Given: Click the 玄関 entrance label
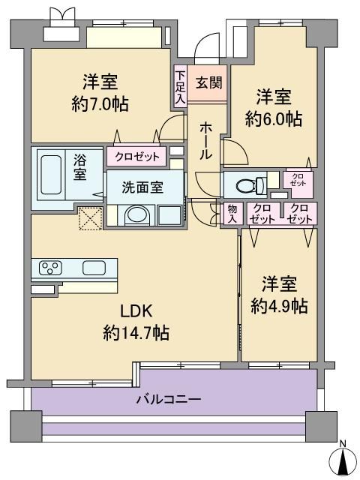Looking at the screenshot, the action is click(x=209, y=82).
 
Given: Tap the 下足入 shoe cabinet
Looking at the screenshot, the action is click(x=181, y=86).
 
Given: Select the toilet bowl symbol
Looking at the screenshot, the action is click(x=250, y=185).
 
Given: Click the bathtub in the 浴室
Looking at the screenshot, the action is click(x=51, y=175).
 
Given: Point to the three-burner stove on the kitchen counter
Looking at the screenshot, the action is click(x=50, y=268).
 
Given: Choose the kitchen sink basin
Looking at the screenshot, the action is click(x=94, y=268).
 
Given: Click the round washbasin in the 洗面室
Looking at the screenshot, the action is click(x=137, y=214).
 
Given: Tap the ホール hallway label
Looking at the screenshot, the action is click(x=205, y=141).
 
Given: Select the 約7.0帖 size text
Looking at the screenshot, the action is click(x=100, y=103).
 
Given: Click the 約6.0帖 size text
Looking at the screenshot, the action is click(x=274, y=118).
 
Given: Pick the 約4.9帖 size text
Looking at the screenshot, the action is click(x=279, y=306).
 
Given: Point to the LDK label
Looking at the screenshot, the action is click(x=136, y=312).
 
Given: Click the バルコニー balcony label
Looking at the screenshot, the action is click(x=169, y=400).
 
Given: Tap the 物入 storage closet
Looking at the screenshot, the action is click(x=232, y=214).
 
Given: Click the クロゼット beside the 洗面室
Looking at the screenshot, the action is click(x=136, y=157).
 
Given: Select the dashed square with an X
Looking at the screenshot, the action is click(x=90, y=218).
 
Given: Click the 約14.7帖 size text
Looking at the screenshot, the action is click(x=136, y=333).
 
